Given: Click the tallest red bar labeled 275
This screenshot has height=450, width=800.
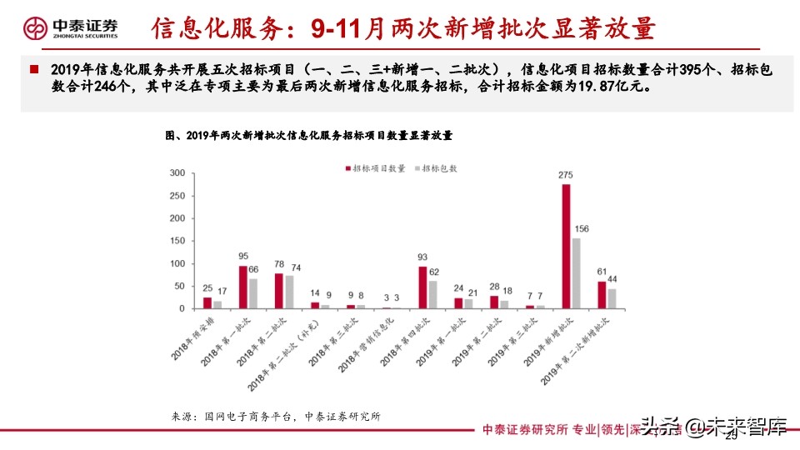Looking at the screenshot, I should tap(567, 246).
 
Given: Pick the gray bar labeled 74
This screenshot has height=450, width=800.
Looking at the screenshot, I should tap(289, 292).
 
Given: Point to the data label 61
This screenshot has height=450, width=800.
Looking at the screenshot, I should tap(602, 271).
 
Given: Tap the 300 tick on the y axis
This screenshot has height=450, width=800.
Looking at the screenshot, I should tap(177, 173).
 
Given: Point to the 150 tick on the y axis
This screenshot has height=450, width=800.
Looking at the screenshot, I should tap(177, 241).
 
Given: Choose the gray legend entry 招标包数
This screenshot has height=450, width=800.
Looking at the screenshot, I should tap(437, 168).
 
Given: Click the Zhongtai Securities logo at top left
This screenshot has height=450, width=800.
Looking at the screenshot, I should tap(72, 28).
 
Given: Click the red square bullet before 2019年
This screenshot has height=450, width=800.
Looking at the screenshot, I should tap(34, 69).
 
